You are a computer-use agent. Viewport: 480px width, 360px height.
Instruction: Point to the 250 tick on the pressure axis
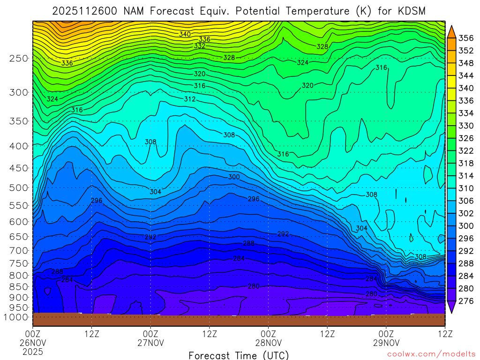point(19,58)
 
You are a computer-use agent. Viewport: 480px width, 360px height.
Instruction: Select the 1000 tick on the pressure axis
point(17,317)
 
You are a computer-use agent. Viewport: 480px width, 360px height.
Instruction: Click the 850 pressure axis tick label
point(19,286)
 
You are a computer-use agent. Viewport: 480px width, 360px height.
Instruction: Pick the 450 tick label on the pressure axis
point(19,167)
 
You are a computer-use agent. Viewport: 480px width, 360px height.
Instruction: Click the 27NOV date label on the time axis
point(150,343)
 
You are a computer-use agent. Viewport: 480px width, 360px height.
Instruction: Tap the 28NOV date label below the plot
point(269,343)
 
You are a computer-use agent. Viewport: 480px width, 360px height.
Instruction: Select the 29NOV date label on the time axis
point(386,343)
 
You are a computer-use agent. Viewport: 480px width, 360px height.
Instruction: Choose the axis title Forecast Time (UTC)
point(239,355)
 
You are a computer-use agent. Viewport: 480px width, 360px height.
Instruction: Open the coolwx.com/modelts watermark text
point(431,355)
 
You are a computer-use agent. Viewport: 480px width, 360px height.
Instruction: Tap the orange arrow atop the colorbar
point(452,31)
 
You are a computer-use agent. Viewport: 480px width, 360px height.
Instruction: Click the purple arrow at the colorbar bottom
point(452,307)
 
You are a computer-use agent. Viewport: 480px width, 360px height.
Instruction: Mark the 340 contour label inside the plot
point(185,34)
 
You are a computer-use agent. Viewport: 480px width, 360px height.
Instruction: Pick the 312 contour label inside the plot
point(189,99)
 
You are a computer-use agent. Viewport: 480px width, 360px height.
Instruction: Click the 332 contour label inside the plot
point(200,46)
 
